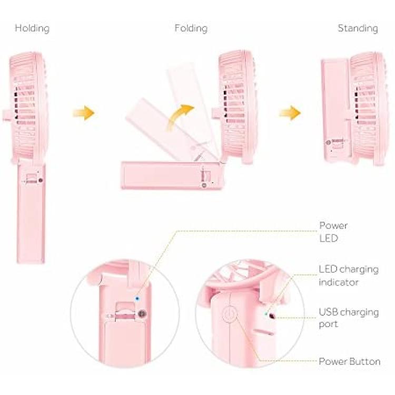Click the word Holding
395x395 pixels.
click(32, 28)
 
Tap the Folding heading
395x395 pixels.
click(191, 28)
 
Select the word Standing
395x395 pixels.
click(358, 28)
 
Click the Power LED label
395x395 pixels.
click(333, 232)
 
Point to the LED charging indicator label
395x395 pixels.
click(349, 275)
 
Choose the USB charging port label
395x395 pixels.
click(349, 318)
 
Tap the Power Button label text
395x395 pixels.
click(350, 361)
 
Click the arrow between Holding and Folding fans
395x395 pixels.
click(84, 113)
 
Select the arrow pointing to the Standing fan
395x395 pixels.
click(290, 113)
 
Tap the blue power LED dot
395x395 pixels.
click(137, 299)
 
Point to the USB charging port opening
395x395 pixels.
click(272, 315)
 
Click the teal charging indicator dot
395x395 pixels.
click(265, 314)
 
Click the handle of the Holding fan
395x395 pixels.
click(31, 214)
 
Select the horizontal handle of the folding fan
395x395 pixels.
click(171, 175)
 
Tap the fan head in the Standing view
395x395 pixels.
click(367, 108)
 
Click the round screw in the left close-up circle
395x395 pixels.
click(142, 314)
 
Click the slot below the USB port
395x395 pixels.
click(263, 332)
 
